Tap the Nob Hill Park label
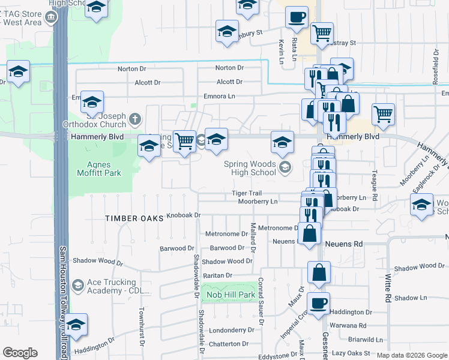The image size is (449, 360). [231, 295]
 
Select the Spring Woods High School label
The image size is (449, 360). [250, 168]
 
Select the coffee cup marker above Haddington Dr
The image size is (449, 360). [319, 302]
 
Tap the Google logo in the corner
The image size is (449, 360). [20, 353]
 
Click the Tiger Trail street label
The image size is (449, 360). [247, 193]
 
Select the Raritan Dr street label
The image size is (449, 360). [218, 275]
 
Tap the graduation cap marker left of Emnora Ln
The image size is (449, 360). [92, 101]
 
